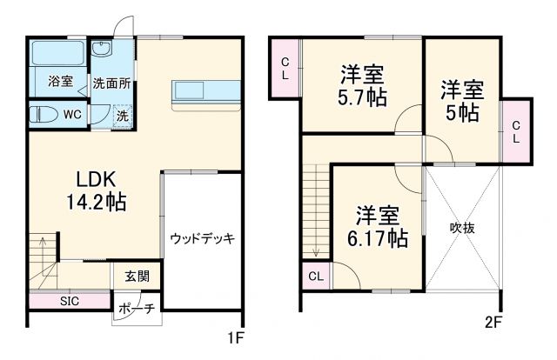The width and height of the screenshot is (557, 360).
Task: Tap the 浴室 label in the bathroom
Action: click(59, 83)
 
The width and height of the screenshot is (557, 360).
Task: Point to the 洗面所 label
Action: click(111, 83)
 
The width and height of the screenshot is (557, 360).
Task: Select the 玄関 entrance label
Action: click(137, 277)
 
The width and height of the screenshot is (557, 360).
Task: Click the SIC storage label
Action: click(70, 301)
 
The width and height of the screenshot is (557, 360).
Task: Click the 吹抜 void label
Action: click(462, 228)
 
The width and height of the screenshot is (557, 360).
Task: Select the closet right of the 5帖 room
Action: click(515, 130)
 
